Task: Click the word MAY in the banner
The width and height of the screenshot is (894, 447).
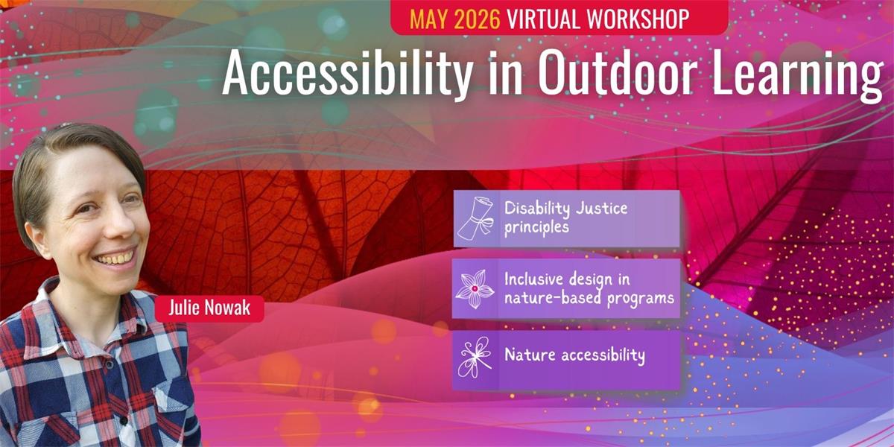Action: coord(429,19)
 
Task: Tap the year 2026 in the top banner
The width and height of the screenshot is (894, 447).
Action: coord(477,19)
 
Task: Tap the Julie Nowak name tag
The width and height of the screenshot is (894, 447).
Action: coord(209,308)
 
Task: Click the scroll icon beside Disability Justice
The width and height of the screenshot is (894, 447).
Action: coord(475,218)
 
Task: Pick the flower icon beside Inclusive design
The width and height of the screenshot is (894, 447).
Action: coord(475,288)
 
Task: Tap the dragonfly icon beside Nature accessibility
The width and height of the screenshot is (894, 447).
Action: coord(475,357)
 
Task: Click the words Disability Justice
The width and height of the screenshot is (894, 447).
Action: coord(565,209)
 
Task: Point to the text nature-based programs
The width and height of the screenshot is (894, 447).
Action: coord(589,299)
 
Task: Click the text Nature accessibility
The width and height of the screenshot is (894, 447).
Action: coord(574,355)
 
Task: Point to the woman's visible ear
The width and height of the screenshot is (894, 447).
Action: coord(39,237)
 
